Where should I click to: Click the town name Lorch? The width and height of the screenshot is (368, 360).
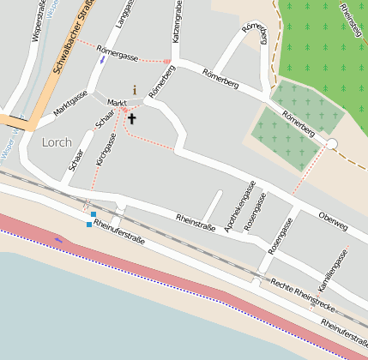click(57, 142)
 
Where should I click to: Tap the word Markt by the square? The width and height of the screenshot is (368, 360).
click(117, 103)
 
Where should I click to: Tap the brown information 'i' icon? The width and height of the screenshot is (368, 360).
click(135, 89)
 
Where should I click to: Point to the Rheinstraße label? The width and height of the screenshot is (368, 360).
click(195, 221)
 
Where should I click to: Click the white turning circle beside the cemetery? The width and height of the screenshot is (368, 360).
click(332, 144)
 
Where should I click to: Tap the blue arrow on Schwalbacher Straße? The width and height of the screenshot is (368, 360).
click(103, 59)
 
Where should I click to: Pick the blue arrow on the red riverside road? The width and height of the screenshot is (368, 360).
click(58, 240)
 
